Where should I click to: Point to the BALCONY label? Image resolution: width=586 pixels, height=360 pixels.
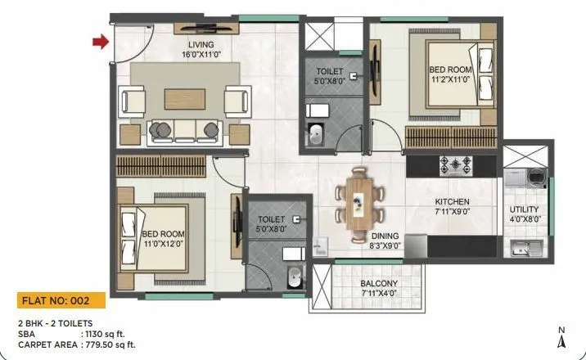coord(378,283)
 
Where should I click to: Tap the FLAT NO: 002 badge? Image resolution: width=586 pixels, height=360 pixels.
coord(60,299)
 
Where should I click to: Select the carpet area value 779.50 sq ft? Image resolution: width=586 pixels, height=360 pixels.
coord(110,344)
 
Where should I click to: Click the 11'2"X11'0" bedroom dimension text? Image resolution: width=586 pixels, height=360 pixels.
coord(450,80)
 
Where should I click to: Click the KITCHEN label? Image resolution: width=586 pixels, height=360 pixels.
coord(451,201)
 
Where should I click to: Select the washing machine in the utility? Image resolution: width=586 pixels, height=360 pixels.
coord(536,176)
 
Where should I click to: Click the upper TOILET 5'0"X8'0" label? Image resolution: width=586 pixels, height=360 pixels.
coord(329,75)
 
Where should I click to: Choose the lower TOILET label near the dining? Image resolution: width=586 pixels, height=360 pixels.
coord(271,224)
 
